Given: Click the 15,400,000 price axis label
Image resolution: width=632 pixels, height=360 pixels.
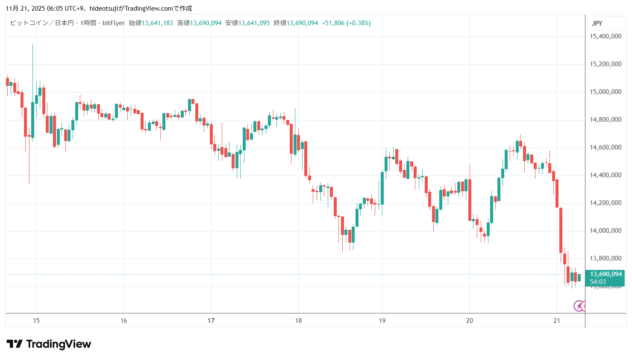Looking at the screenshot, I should [x=606, y=36].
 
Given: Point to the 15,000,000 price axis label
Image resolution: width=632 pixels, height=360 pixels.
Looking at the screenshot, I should [x=606, y=92].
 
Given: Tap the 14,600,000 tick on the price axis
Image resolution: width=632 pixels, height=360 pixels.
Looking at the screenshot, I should [x=606, y=147].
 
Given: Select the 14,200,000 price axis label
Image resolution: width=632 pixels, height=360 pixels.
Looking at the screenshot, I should [x=606, y=203].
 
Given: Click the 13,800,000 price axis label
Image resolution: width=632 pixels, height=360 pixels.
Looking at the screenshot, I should [x=606, y=258].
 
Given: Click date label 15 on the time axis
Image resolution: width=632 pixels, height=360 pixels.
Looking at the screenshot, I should [x=36, y=321].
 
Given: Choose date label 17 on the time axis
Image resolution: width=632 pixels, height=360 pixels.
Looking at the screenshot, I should [x=211, y=321].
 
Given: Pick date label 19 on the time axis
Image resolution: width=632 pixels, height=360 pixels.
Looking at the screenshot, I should [x=382, y=321].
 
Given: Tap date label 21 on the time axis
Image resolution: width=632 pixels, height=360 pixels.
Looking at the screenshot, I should [x=556, y=321].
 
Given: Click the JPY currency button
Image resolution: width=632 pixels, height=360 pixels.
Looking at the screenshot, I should [x=597, y=23].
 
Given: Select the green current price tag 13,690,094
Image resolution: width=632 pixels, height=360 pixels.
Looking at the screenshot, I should [x=606, y=274].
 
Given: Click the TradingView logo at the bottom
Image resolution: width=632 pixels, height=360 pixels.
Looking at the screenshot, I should [x=49, y=344].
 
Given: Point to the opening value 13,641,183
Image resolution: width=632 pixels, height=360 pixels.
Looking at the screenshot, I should [x=157, y=23].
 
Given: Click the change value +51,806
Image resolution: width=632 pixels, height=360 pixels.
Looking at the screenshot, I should [x=333, y=23].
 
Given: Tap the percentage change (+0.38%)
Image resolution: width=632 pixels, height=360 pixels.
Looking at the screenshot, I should [x=359, y=23].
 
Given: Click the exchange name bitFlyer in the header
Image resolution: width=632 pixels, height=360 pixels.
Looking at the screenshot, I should [x=114, y=23].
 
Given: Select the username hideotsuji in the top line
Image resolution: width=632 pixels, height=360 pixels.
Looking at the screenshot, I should [x=103, y=9].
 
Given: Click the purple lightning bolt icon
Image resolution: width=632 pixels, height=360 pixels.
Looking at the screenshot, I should [x=579, y=306].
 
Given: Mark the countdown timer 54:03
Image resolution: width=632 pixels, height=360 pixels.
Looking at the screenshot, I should [x=598, y=282].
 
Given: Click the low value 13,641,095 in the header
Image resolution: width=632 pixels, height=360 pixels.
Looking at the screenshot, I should [x=254, y=23].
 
